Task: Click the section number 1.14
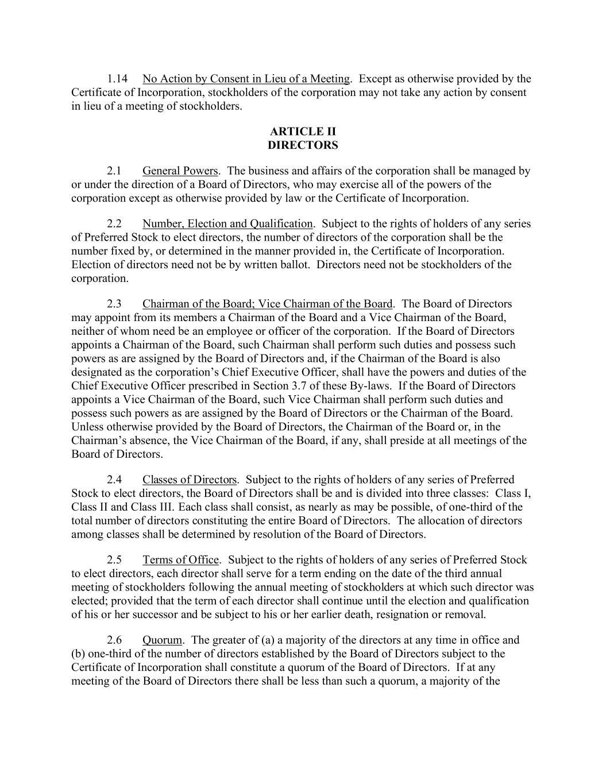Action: click(x=117, y=79)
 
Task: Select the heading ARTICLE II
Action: click(x=303, y=132)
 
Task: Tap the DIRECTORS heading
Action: click(x=303, y=145)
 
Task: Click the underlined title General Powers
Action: click(x=180, y=171)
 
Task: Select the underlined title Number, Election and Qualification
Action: click(x=227, y=224)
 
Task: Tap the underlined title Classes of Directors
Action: click(x=190, y=480)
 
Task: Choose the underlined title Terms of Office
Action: click(x=181, y=560)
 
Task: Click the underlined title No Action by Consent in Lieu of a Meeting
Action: click(x=246, y=79)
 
